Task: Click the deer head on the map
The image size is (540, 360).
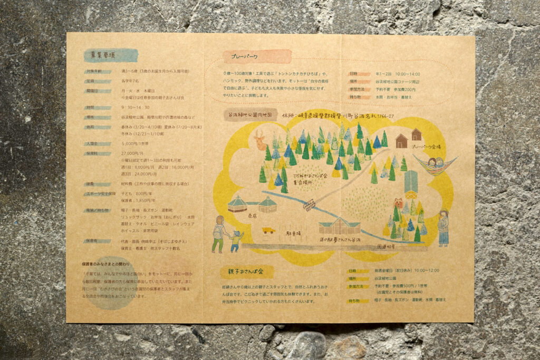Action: point(259,140)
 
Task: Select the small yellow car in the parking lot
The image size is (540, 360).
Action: point(268,230)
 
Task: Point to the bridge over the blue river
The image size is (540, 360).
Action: point(310,205)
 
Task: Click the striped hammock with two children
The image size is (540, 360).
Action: point(436,165)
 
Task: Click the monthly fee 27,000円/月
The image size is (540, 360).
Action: point(133,153)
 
